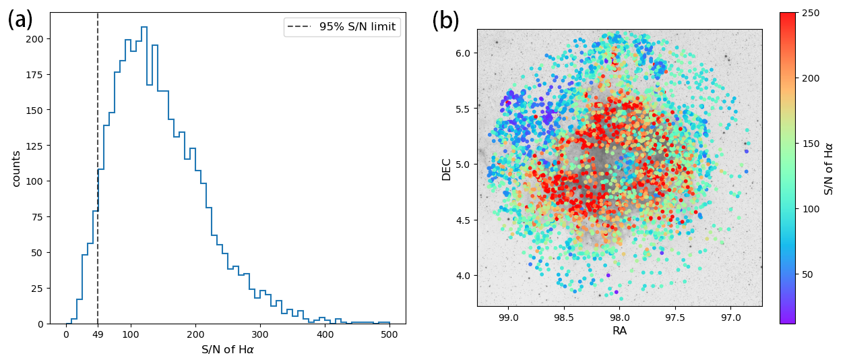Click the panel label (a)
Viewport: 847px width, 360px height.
20,20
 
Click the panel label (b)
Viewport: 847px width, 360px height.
445,21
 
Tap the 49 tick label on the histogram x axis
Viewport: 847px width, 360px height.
98,335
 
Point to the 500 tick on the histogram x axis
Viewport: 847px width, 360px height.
389,335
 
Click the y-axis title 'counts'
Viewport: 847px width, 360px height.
15,169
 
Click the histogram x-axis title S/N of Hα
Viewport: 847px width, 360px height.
228,350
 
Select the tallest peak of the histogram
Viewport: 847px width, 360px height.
144,28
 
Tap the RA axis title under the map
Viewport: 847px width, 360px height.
620,331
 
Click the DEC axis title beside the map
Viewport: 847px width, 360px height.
446,169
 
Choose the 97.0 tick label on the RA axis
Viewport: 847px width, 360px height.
730,318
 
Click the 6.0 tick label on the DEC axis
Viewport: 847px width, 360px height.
462,53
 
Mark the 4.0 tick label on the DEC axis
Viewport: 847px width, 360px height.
462,275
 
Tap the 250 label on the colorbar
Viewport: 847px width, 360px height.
810,13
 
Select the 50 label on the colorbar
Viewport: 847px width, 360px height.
807,274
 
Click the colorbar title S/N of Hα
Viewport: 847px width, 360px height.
829,169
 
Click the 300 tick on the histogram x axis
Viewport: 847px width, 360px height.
260,335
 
